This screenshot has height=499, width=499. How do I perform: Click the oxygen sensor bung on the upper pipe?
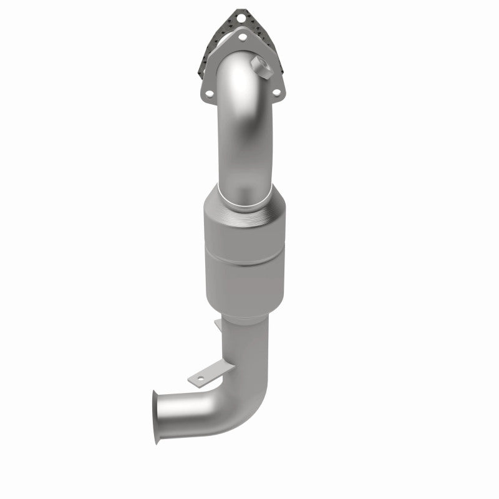click(258, 64)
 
